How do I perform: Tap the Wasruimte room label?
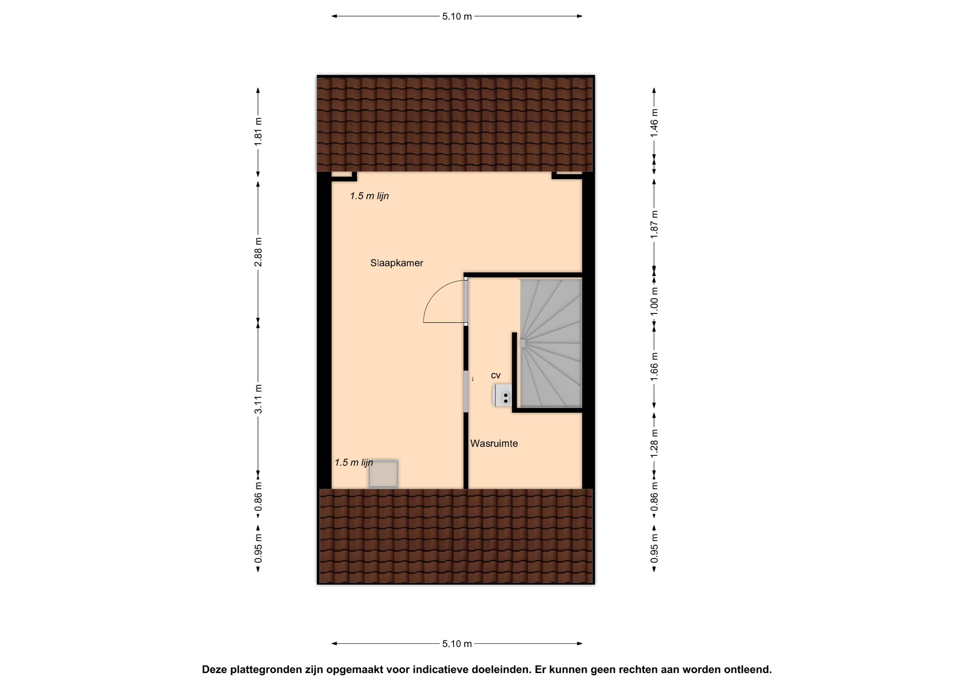494,443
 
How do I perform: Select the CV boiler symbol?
503,396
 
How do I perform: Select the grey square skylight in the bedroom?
383,474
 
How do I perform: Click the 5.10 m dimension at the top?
457,16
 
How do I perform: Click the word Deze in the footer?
214,670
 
